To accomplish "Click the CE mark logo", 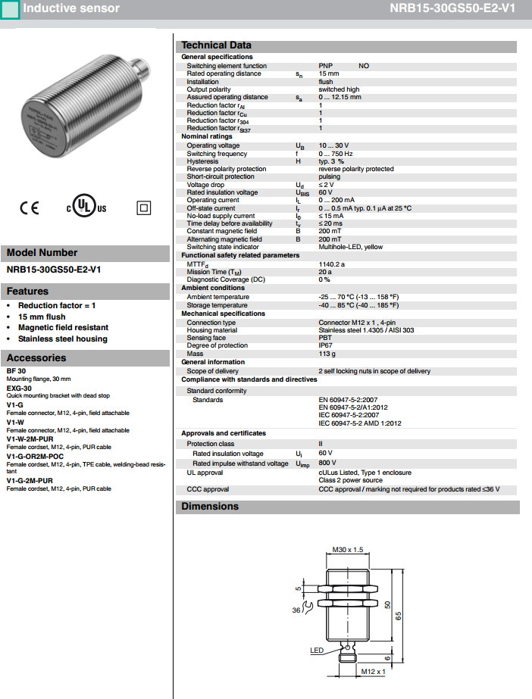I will pos(30,207).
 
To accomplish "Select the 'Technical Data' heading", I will pos(216,45).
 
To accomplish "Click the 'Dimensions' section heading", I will pos(210,507).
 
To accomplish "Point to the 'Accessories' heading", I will pos(36,358).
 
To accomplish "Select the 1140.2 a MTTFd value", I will pos(332,264).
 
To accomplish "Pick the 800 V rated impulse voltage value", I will pos(327,463).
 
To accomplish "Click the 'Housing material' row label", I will pos(212,330).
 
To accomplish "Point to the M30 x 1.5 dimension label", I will pos(348,549).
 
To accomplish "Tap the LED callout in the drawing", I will pos(317,650).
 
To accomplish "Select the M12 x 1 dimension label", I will pos(373,671).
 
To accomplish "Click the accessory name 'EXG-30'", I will pos(19,388).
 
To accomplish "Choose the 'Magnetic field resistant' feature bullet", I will pos(63,327).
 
